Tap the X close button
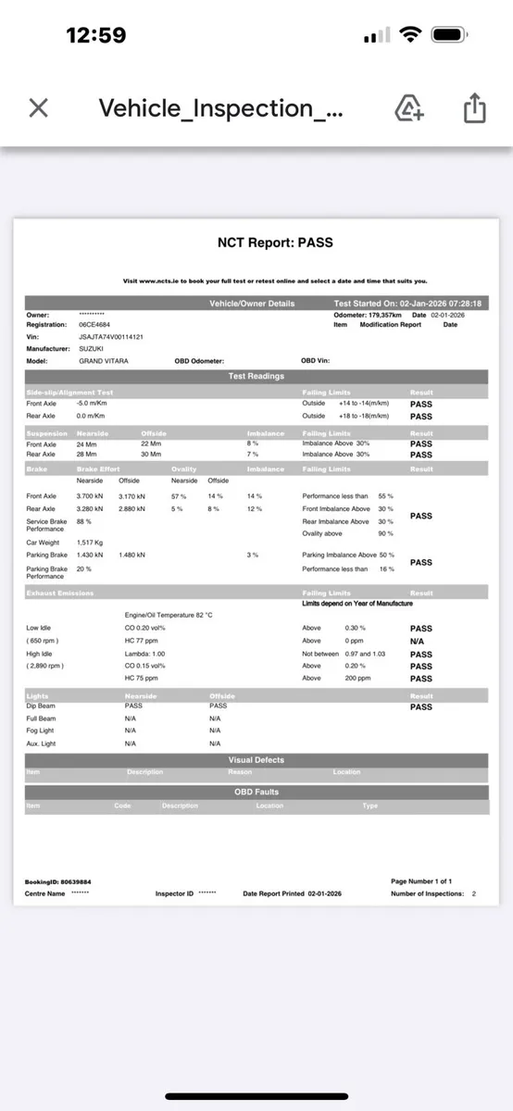click(38, 108)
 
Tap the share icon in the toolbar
click(474, 108)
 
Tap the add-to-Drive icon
click(409, 108)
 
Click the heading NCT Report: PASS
click(274, 243)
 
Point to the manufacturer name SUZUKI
click(91, 349)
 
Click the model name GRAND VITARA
click(104, 361)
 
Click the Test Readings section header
click(256, 376)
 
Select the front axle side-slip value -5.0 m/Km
click(94, 403)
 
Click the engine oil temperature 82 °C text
click(169, 615)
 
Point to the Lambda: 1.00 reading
click(144, 653)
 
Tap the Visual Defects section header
click(256, 760)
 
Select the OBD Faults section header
click(256, 792)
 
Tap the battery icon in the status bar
click(447, 35)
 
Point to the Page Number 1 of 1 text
click(421, 881)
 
